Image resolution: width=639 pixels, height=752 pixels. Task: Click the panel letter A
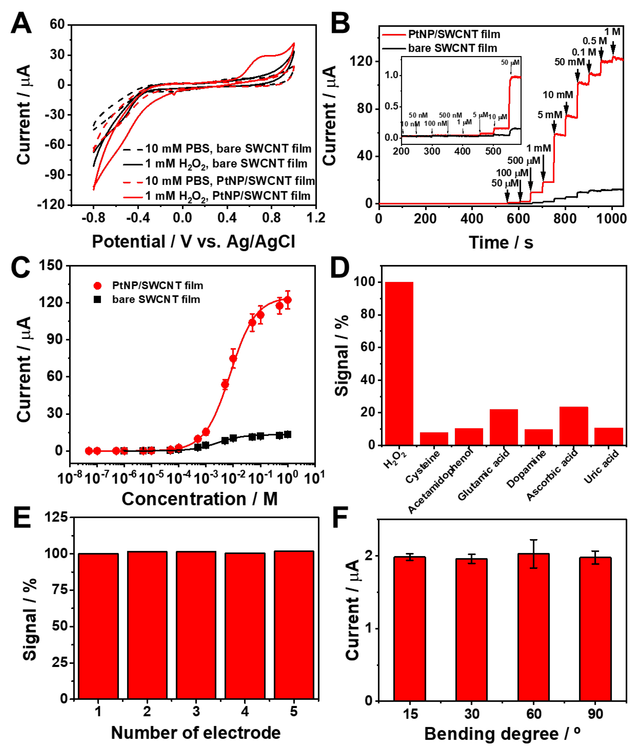(21, 23)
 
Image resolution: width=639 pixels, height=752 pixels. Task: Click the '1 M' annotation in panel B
(612, 32)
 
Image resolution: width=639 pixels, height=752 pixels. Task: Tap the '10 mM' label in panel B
(558, 95)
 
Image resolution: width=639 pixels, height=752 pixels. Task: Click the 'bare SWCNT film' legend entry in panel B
(452, 48)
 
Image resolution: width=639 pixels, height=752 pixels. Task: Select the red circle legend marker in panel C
(97, 286)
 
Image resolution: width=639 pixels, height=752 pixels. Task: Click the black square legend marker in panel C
(97, 299)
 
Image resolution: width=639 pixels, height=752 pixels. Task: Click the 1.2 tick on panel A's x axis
(316, 218)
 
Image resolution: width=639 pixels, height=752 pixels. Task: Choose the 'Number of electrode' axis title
(196, 733)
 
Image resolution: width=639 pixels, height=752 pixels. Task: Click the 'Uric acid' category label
(601, 467)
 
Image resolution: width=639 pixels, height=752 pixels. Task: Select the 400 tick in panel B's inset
(462, 151)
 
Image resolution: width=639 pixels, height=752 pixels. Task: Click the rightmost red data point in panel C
(288, 300)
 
